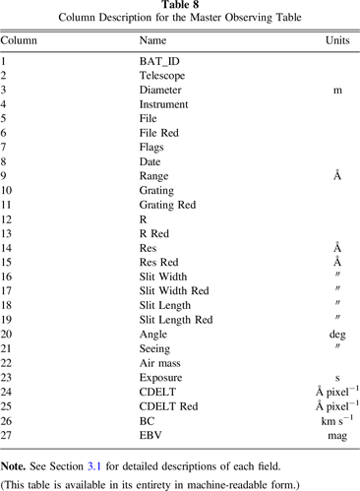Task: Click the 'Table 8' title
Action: coord(180,6)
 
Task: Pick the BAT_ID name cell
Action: coord(159,62)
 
